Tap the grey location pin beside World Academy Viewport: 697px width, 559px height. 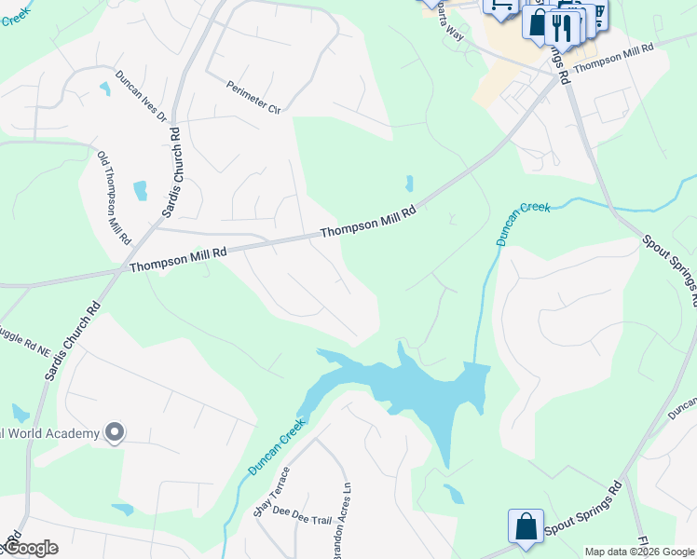point(115,432)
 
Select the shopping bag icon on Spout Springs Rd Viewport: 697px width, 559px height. point(525,525)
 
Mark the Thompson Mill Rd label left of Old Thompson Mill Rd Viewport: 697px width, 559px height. point(177,259)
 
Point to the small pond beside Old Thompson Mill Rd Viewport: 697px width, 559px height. point(141,190)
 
